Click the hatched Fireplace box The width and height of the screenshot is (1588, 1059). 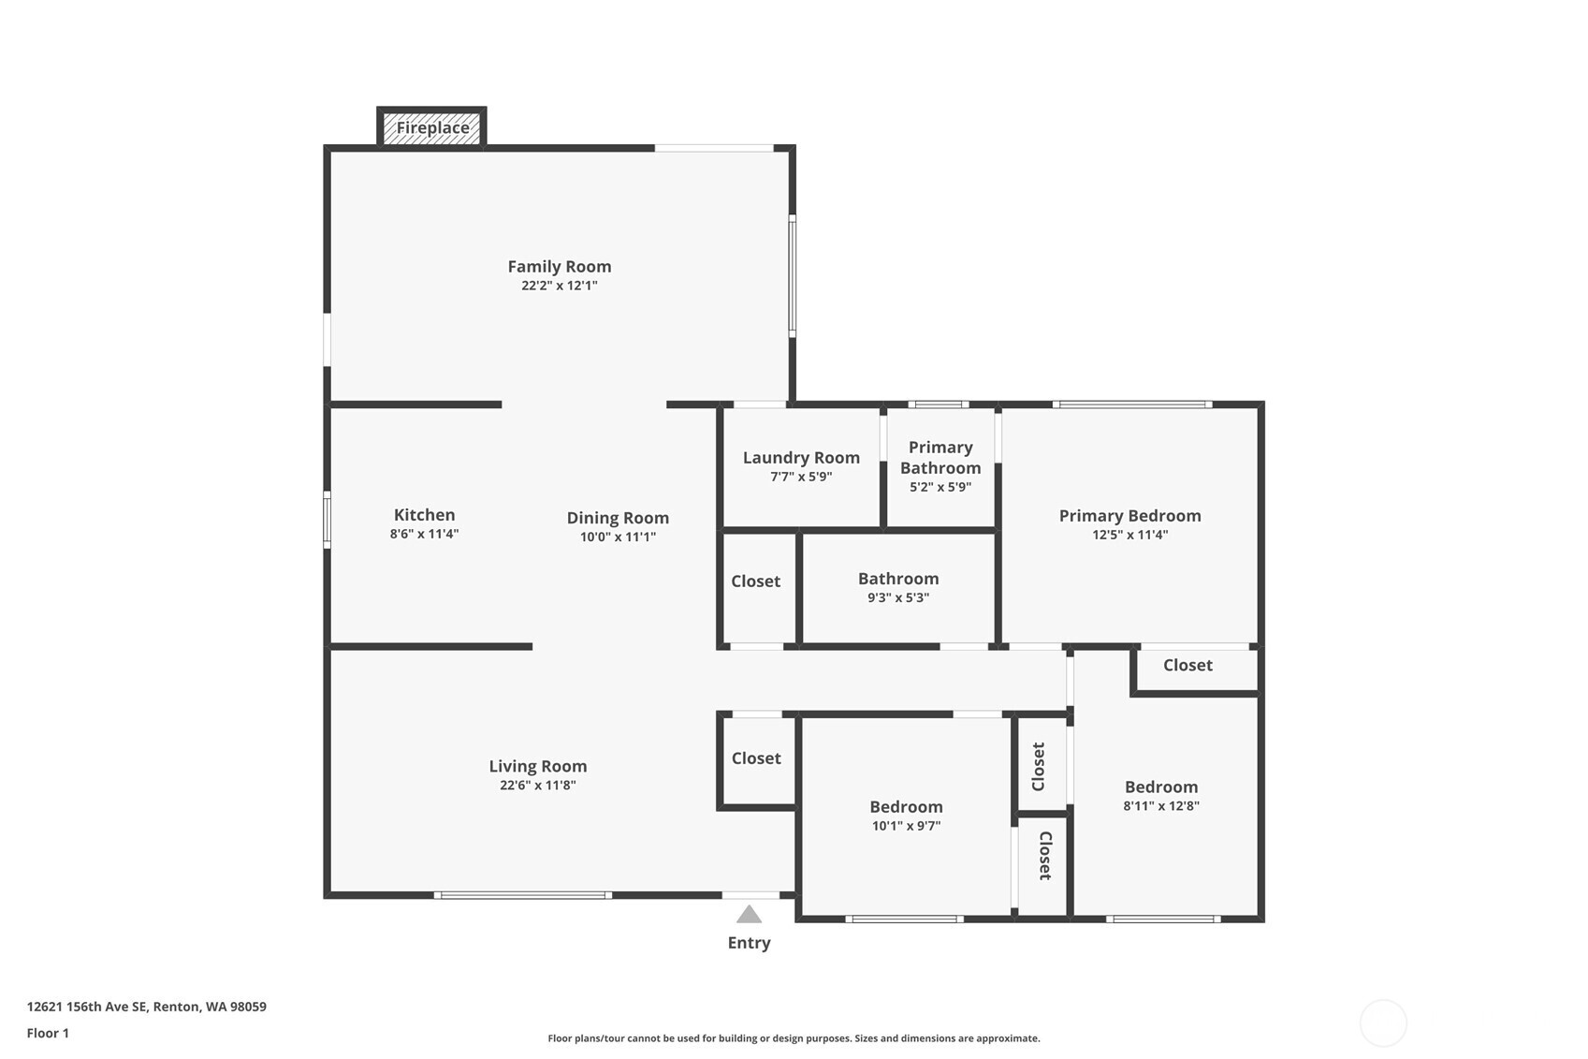tap(431, 128)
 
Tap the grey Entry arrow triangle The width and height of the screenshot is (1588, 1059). tap(749, 915)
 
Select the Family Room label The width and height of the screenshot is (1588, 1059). tap(559, 267)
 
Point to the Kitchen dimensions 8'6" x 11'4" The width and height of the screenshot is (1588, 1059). tap(424, 535)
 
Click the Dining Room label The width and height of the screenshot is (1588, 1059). tap(618, 518)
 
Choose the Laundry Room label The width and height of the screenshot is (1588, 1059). tap(801, 458)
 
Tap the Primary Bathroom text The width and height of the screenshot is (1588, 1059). tap(940, 458)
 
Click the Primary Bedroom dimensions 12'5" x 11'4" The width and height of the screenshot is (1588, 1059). tap(1129, 536)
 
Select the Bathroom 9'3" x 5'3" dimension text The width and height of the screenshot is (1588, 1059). tap(897, 598)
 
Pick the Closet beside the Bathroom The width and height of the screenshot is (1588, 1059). tap(755, 581)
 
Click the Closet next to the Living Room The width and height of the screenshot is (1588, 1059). tap(756, 758)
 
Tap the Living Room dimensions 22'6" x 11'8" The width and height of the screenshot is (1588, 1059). tap(537, 786)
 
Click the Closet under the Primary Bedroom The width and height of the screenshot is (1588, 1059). tap(1187, 666)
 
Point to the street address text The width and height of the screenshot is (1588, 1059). tap(146, 1007)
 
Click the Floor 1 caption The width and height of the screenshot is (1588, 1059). tap(48, 1033)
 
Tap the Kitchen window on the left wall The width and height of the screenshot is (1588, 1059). tap(327, 520)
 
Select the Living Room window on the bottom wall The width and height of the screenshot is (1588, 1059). tap(523, 895)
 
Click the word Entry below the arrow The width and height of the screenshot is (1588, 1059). tap(749, 943)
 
